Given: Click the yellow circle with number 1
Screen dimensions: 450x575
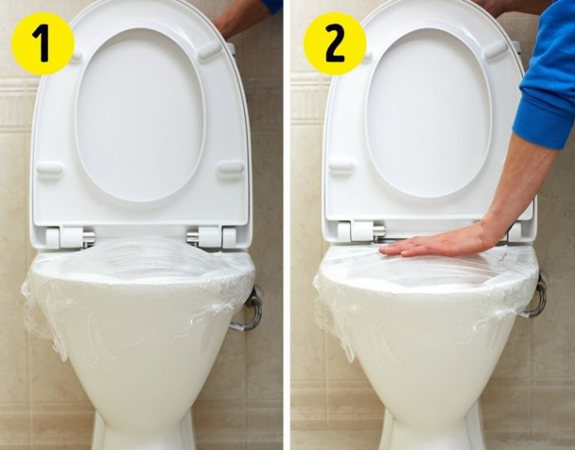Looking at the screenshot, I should (x=42, y=43).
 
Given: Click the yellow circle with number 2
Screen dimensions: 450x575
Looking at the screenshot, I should (x=334, y=43).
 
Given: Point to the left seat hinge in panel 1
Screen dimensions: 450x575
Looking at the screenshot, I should (x=69, y=237).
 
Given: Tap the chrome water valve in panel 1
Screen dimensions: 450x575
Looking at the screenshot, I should (x=252, y=308).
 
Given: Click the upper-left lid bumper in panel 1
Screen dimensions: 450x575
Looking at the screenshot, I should (x=76, y=56).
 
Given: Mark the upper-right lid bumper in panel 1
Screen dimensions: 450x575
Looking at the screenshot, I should (x=209, y=51).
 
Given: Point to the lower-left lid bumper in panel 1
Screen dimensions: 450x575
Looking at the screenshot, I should (x=50, y=169).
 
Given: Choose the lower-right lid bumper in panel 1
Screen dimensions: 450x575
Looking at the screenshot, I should (x=231, y=167).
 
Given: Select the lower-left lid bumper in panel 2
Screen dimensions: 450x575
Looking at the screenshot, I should (x=341, y=167).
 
